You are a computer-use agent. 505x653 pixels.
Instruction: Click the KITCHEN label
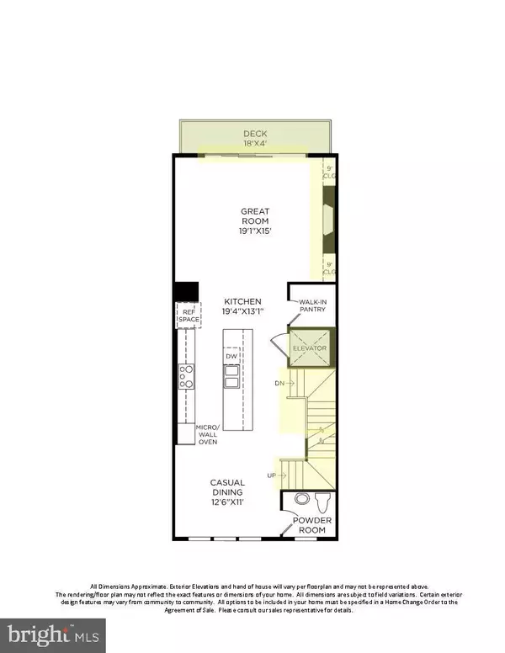point(242,301)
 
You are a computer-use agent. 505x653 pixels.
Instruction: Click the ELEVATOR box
point(309,348)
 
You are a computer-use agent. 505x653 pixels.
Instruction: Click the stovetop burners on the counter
point(187,376)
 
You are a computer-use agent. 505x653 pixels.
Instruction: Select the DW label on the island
point(231,357)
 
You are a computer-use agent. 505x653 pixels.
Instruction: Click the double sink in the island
point(231,374)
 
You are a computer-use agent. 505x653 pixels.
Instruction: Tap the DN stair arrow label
point(280,383)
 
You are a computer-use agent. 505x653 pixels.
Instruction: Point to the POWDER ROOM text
point(312,525)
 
